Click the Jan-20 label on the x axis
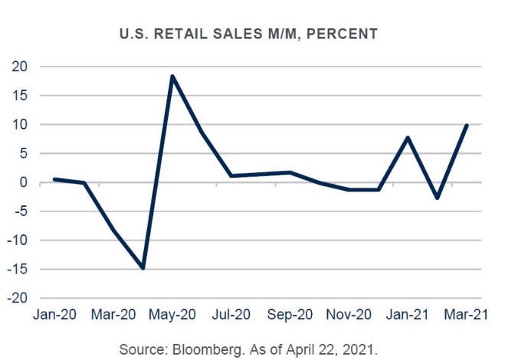click(x=54, y=313)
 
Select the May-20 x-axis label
click(x=172, y=313)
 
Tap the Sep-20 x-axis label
click(x=290, y=313)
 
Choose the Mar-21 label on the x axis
click(x=467, y=313)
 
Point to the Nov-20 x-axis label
click(x=349, y=313)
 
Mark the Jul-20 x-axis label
click(x=231, y=313)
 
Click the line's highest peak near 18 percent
click(x=172, y=76)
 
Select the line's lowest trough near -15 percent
click(x=143, y=268)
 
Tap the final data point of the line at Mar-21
click(x=467, y=126)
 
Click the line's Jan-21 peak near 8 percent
click(x=408, y=138)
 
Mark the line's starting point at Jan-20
click(x=54, y=179)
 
